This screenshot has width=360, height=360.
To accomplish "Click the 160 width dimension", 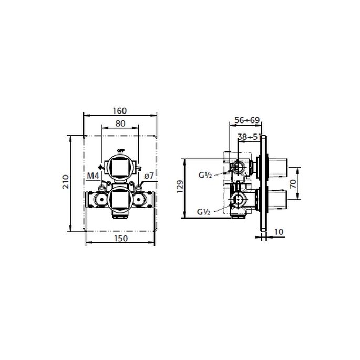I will point(120,111).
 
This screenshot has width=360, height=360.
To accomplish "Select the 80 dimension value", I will point(120,124).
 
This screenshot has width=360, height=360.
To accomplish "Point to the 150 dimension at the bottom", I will point(121,239).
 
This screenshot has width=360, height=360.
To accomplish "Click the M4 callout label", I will point(93,176).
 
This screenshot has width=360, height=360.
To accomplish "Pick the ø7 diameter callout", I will point(148,176).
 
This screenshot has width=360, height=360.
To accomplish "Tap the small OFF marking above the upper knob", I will point(120,150).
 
